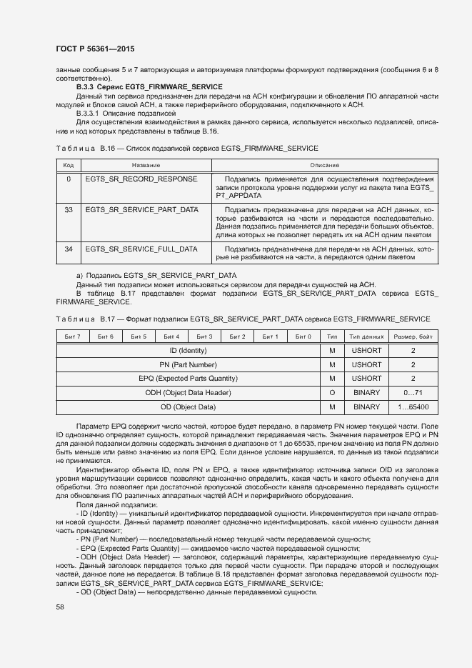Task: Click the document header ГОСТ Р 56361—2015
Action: (x=94, y=49)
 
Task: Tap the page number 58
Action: (x=60, y=607)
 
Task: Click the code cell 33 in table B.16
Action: (x=69, y=209)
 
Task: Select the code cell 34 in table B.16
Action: (x=69, y=249)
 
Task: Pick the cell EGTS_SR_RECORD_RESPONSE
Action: (x=141, y=179)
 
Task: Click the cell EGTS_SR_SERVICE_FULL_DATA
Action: (x=141, y=249)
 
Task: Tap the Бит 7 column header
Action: (x=72, y=337)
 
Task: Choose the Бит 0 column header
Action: (x=303, y=337)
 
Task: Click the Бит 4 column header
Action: (x=171, y=337)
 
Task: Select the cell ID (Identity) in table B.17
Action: (x=188, y=351)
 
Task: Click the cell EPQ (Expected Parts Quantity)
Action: (x=188, y=379)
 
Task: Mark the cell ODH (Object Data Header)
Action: (x=188, y=393)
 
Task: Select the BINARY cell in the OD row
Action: (x=367, y=407)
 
